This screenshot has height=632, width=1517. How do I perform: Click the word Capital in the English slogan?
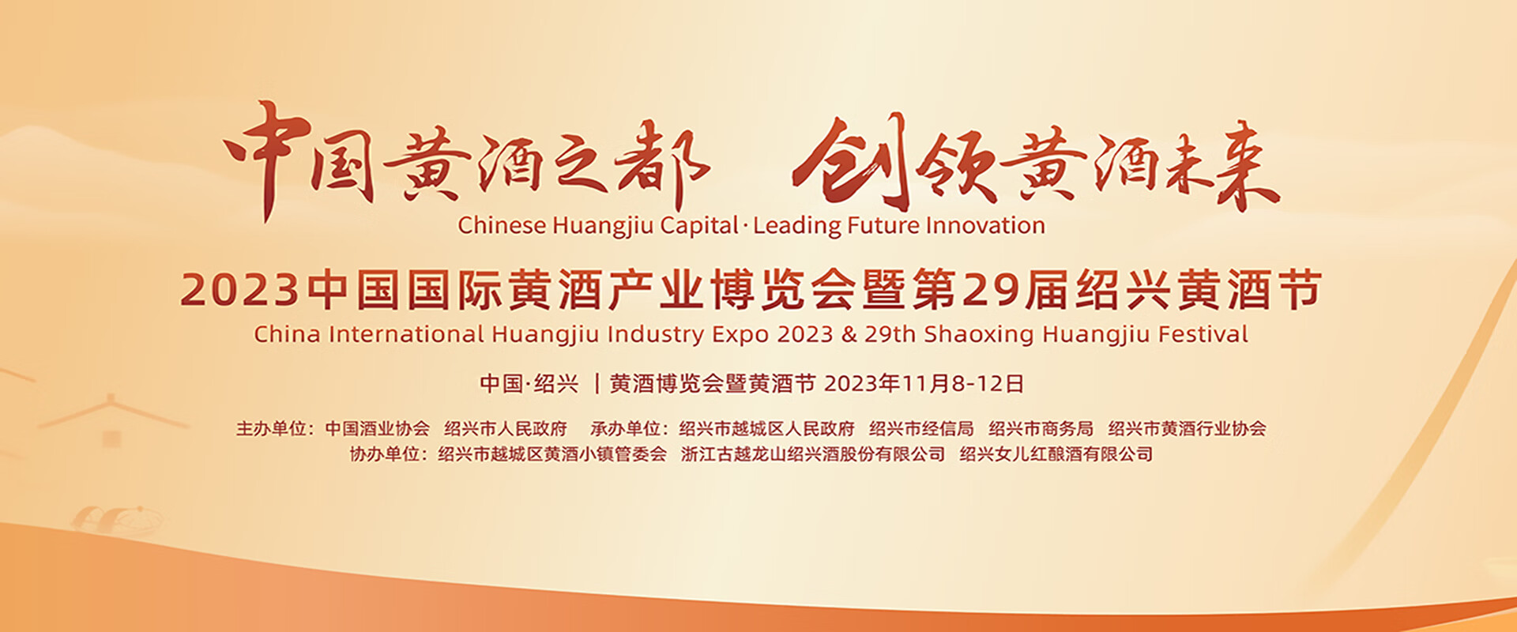698,226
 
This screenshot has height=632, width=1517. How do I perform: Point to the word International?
405,334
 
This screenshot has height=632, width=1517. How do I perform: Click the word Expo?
741,335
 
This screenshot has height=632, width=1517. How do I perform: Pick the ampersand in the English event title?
849,334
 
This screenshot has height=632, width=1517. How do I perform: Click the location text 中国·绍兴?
529,384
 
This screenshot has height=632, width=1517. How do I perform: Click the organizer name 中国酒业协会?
377,429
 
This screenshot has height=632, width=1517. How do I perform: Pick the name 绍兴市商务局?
1041,429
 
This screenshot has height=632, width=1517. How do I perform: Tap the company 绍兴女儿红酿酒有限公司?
1056,454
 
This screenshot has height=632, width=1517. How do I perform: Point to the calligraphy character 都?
662,164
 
